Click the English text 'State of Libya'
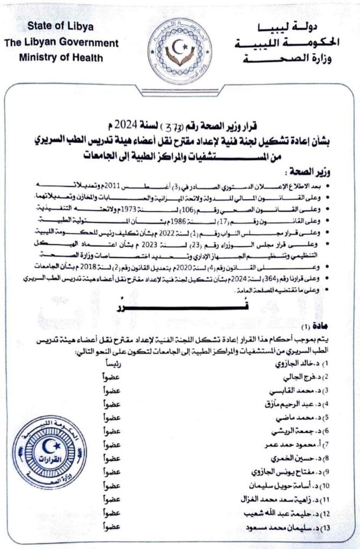tap(61, 28)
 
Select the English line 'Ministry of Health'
tap(60, 57)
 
